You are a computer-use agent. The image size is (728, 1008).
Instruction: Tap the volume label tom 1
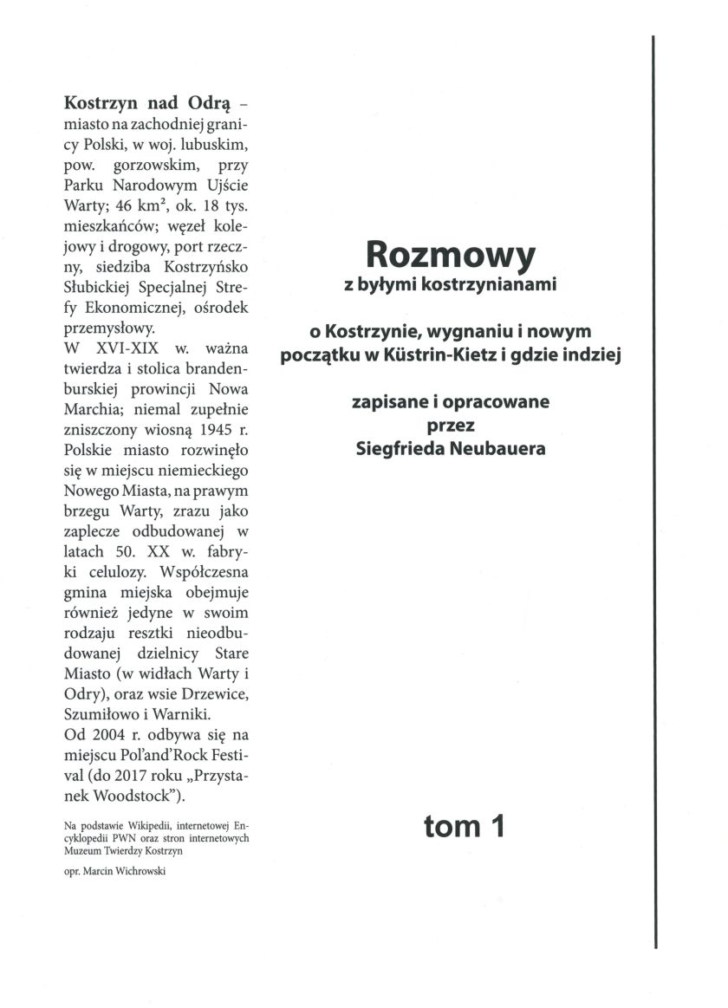pos(464,826)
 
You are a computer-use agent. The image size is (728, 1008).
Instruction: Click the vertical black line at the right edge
pos(653,494)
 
